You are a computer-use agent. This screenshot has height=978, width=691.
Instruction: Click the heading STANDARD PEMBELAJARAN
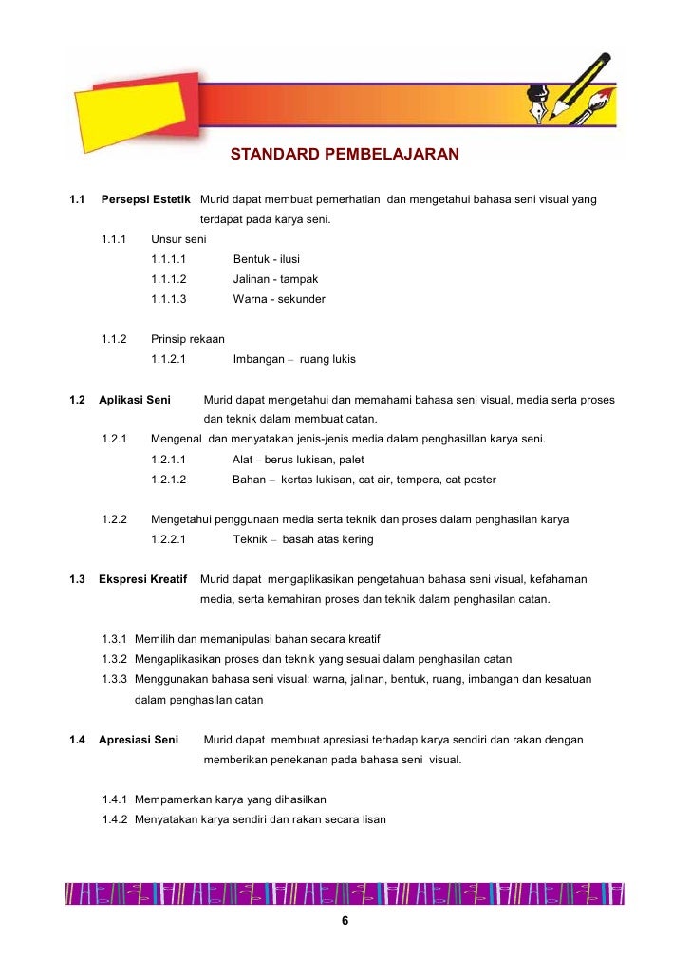[345, 154]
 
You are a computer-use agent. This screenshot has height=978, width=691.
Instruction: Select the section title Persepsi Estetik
[146, 199]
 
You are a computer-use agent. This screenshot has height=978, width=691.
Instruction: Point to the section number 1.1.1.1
[168, 259]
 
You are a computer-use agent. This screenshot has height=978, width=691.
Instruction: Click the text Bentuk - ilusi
[267, 259]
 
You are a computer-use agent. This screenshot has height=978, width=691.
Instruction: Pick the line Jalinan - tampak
[275, 279]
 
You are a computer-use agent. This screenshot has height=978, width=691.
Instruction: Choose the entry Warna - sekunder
[279, 299]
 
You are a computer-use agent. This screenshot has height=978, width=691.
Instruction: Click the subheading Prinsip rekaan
[187, 339]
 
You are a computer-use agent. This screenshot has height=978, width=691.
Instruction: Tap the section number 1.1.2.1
[168, 360]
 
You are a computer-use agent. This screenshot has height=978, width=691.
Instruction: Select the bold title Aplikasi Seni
[135, 400]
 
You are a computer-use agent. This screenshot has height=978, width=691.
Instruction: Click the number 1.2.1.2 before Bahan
[168, 480]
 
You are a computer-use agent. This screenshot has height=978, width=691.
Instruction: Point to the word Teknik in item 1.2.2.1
[250, 539]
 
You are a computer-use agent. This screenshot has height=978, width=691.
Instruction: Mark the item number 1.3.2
[115, 658]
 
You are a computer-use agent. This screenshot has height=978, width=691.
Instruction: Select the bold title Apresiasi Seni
[140, 740]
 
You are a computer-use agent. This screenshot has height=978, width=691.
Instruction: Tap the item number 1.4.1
[115, 799]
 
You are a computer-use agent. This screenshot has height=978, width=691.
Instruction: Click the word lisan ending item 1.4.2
[372, 819]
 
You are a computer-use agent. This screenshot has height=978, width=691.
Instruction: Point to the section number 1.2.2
[115, 519]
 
